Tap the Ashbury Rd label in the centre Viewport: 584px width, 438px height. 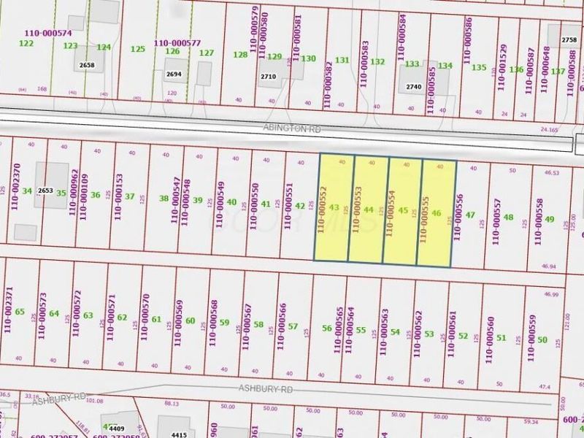[x=261, y=391]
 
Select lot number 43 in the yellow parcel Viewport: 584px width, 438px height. [x=334, y=208]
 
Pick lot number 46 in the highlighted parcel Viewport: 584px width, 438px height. [x=437, y=213]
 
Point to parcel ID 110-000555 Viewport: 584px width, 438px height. [x=423, y=216]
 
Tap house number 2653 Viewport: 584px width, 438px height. [x=46, y=191]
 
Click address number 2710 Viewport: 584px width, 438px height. [x=268, y=76]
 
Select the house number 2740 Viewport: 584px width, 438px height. [x=414, y=87]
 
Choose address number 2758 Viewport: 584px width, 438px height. [x=569, y=39]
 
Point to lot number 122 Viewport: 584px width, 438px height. [x=26, y=43]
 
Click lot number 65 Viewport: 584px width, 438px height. [x=20, y=312]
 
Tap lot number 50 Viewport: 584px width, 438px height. [x=542, y=339]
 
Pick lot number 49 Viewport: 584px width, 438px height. [x=550, y=219]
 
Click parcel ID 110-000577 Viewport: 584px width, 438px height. [x=176, y=42]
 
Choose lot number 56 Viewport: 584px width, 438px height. [x=326, y=329]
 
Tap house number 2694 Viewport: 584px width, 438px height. [x=174, y=74]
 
